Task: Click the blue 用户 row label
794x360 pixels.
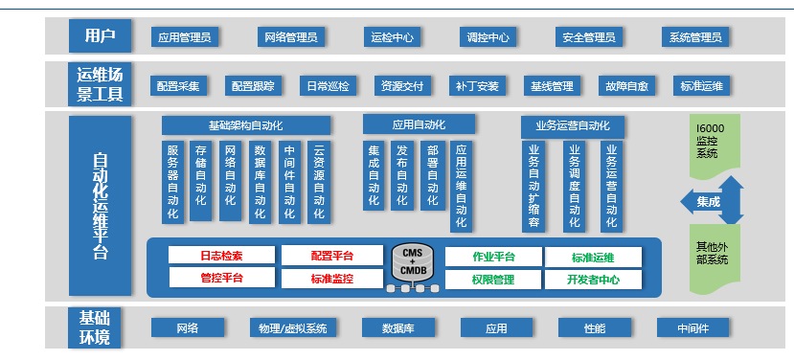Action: click(100, 36)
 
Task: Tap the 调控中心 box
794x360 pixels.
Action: click(488, 37)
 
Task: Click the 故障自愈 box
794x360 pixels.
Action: click(627, 85)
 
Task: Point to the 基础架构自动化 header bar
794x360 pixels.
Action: click(246, 125)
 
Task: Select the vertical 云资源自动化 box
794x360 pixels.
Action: click(319, 182)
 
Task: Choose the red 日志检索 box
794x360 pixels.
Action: click(221, 256)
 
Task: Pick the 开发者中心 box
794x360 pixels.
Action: click(593, 280)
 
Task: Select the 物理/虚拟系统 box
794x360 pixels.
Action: click(293, 328)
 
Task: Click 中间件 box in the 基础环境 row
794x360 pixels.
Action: click(692, 328)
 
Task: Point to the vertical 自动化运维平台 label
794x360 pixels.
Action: click(100, 205)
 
